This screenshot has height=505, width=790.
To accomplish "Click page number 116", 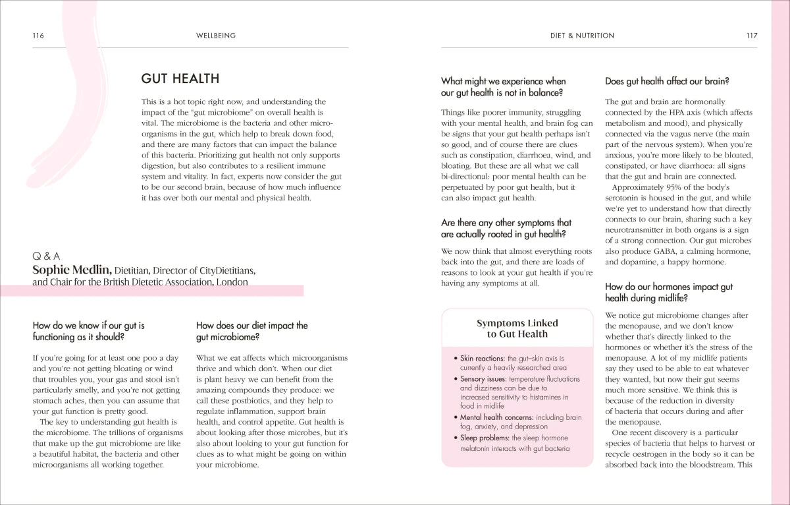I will [38, 36].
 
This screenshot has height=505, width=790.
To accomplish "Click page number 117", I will [751, 36].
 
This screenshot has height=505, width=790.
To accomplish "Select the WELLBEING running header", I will [216, 36].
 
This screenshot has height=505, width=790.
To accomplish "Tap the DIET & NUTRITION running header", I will [582, 36].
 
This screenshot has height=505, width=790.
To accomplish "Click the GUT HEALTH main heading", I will [180, 79].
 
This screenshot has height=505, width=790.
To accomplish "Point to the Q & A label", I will [46, 256].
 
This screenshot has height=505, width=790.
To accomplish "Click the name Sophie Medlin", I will [72, 270].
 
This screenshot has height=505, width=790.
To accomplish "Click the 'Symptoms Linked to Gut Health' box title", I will [517, 328].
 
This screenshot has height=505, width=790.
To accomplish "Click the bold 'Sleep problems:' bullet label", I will [485, 438].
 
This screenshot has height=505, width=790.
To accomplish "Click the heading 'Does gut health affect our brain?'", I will [667, 82].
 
